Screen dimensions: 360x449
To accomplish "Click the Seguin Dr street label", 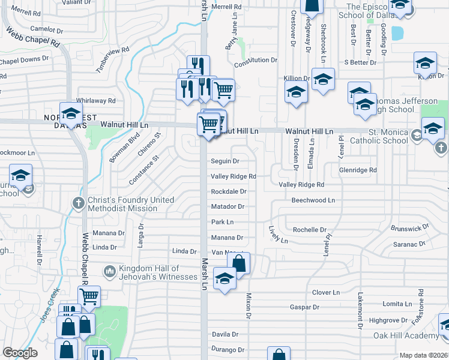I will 225,161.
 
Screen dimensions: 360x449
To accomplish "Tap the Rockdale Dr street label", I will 228,192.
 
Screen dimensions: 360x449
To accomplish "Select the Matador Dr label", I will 228,207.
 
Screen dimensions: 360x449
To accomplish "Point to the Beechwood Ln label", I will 313,200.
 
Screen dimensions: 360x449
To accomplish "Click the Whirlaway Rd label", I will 95,101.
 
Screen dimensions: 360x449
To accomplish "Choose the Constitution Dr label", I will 256,61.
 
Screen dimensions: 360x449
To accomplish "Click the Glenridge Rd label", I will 358,170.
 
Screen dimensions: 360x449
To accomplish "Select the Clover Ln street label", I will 326,293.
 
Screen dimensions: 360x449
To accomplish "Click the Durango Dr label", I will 228,349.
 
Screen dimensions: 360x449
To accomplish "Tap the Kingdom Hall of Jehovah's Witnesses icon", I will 109,272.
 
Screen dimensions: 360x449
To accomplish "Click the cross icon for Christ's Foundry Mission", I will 78,203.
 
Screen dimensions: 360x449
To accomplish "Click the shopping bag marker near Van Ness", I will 238,263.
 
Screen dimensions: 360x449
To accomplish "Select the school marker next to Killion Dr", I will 323,79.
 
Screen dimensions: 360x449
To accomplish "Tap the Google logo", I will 20,353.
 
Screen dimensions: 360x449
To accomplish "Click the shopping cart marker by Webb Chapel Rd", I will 89,295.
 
